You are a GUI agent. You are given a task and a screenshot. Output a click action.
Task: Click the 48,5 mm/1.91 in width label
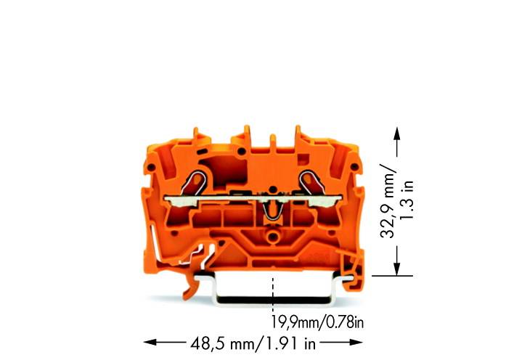pos(253,341)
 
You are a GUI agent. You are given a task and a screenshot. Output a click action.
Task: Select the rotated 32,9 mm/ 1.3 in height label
pos(398,200)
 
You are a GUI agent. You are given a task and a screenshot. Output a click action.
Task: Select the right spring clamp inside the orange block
pos(310,179)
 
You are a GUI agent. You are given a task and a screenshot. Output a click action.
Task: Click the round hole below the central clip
pos(273,237)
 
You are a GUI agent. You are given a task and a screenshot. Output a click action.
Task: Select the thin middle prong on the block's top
pos(272,141)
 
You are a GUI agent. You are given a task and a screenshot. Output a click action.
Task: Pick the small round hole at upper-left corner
pos(151,168)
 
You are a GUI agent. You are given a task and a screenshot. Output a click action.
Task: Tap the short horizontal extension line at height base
pos(392,275)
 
